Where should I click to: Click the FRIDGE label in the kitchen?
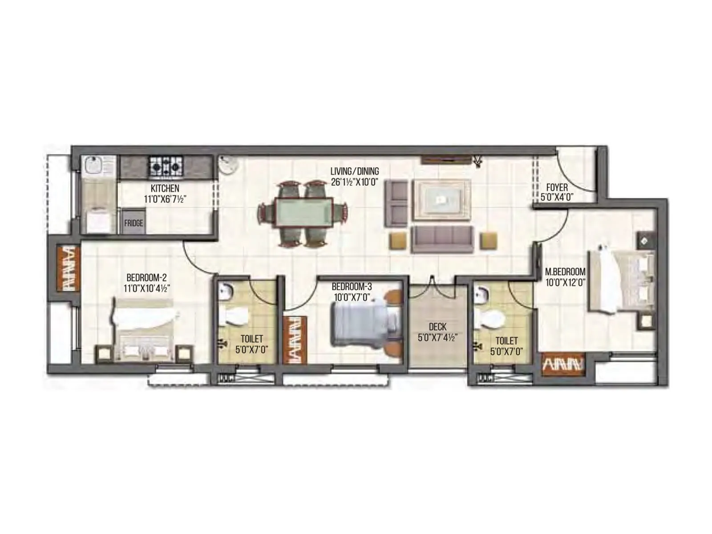(x=133, y=223)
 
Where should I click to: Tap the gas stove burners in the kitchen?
(x=166, y=167)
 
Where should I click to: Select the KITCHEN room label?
(x=165, y=189)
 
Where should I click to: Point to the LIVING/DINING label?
(x=355, y=171)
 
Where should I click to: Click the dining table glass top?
(x=304, y=214)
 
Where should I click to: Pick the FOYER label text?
(x=557, y=188)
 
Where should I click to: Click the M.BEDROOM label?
(x=565, y=271)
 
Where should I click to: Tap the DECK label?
(x=437, y=327)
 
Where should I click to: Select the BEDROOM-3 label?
(x=352, y=287)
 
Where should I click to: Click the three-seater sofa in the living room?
(x=442, y=239)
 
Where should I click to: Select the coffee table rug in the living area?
(x=441, y=200)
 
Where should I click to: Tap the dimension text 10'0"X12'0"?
(x=565, y=282)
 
